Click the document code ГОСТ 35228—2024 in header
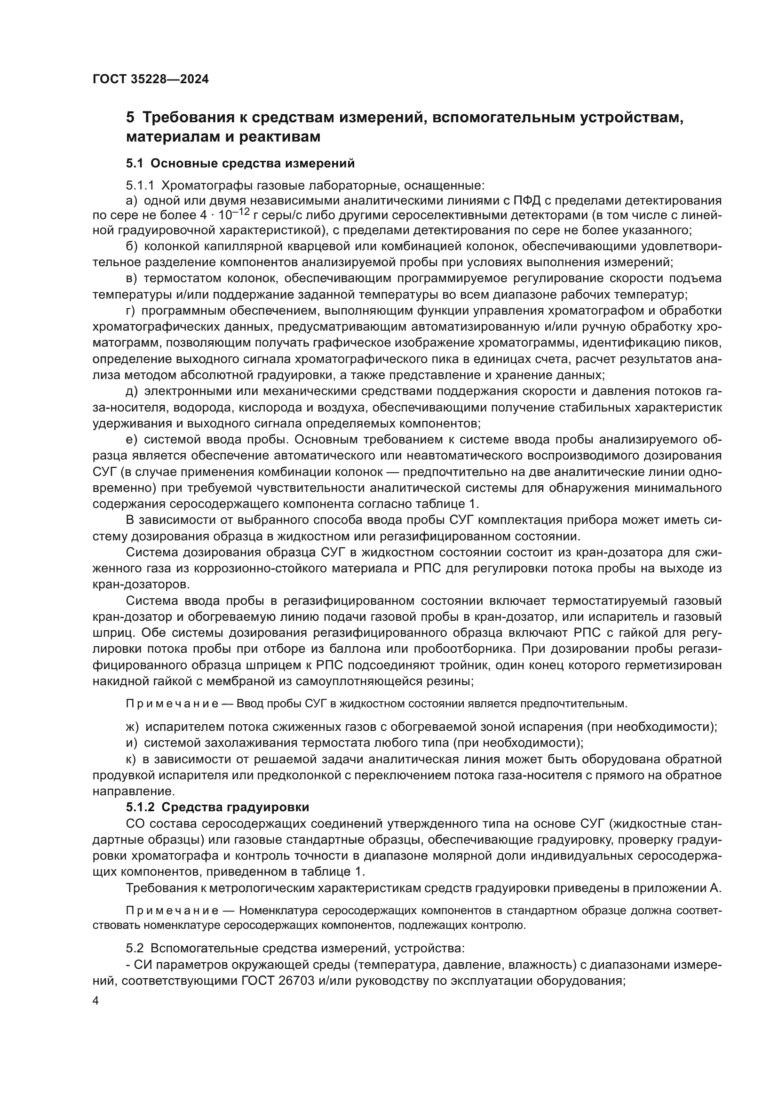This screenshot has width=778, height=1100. pyautogui.click(x=151, y=79)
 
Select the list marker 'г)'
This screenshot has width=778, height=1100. pyautogui.click(x=131, y=311)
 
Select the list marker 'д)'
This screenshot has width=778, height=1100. pyautogui.click(x=132, y=391)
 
